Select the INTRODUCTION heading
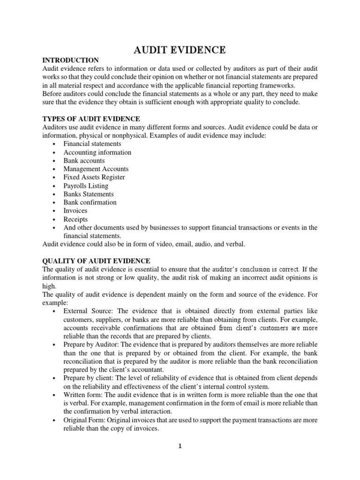[x=70, y=60]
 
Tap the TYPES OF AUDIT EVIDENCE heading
[x=91, y=119]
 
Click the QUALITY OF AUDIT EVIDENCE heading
[x=96, y=261]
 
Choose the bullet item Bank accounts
[x=84, y=161]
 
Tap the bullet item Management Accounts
[x=96, y=169]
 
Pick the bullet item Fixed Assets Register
[x=94, y=177]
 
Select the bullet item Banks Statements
[x=89, y=194]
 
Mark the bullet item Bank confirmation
[x=90, y=202]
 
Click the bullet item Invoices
[x=75, y=211]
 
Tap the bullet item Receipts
[x=75, y=219]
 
